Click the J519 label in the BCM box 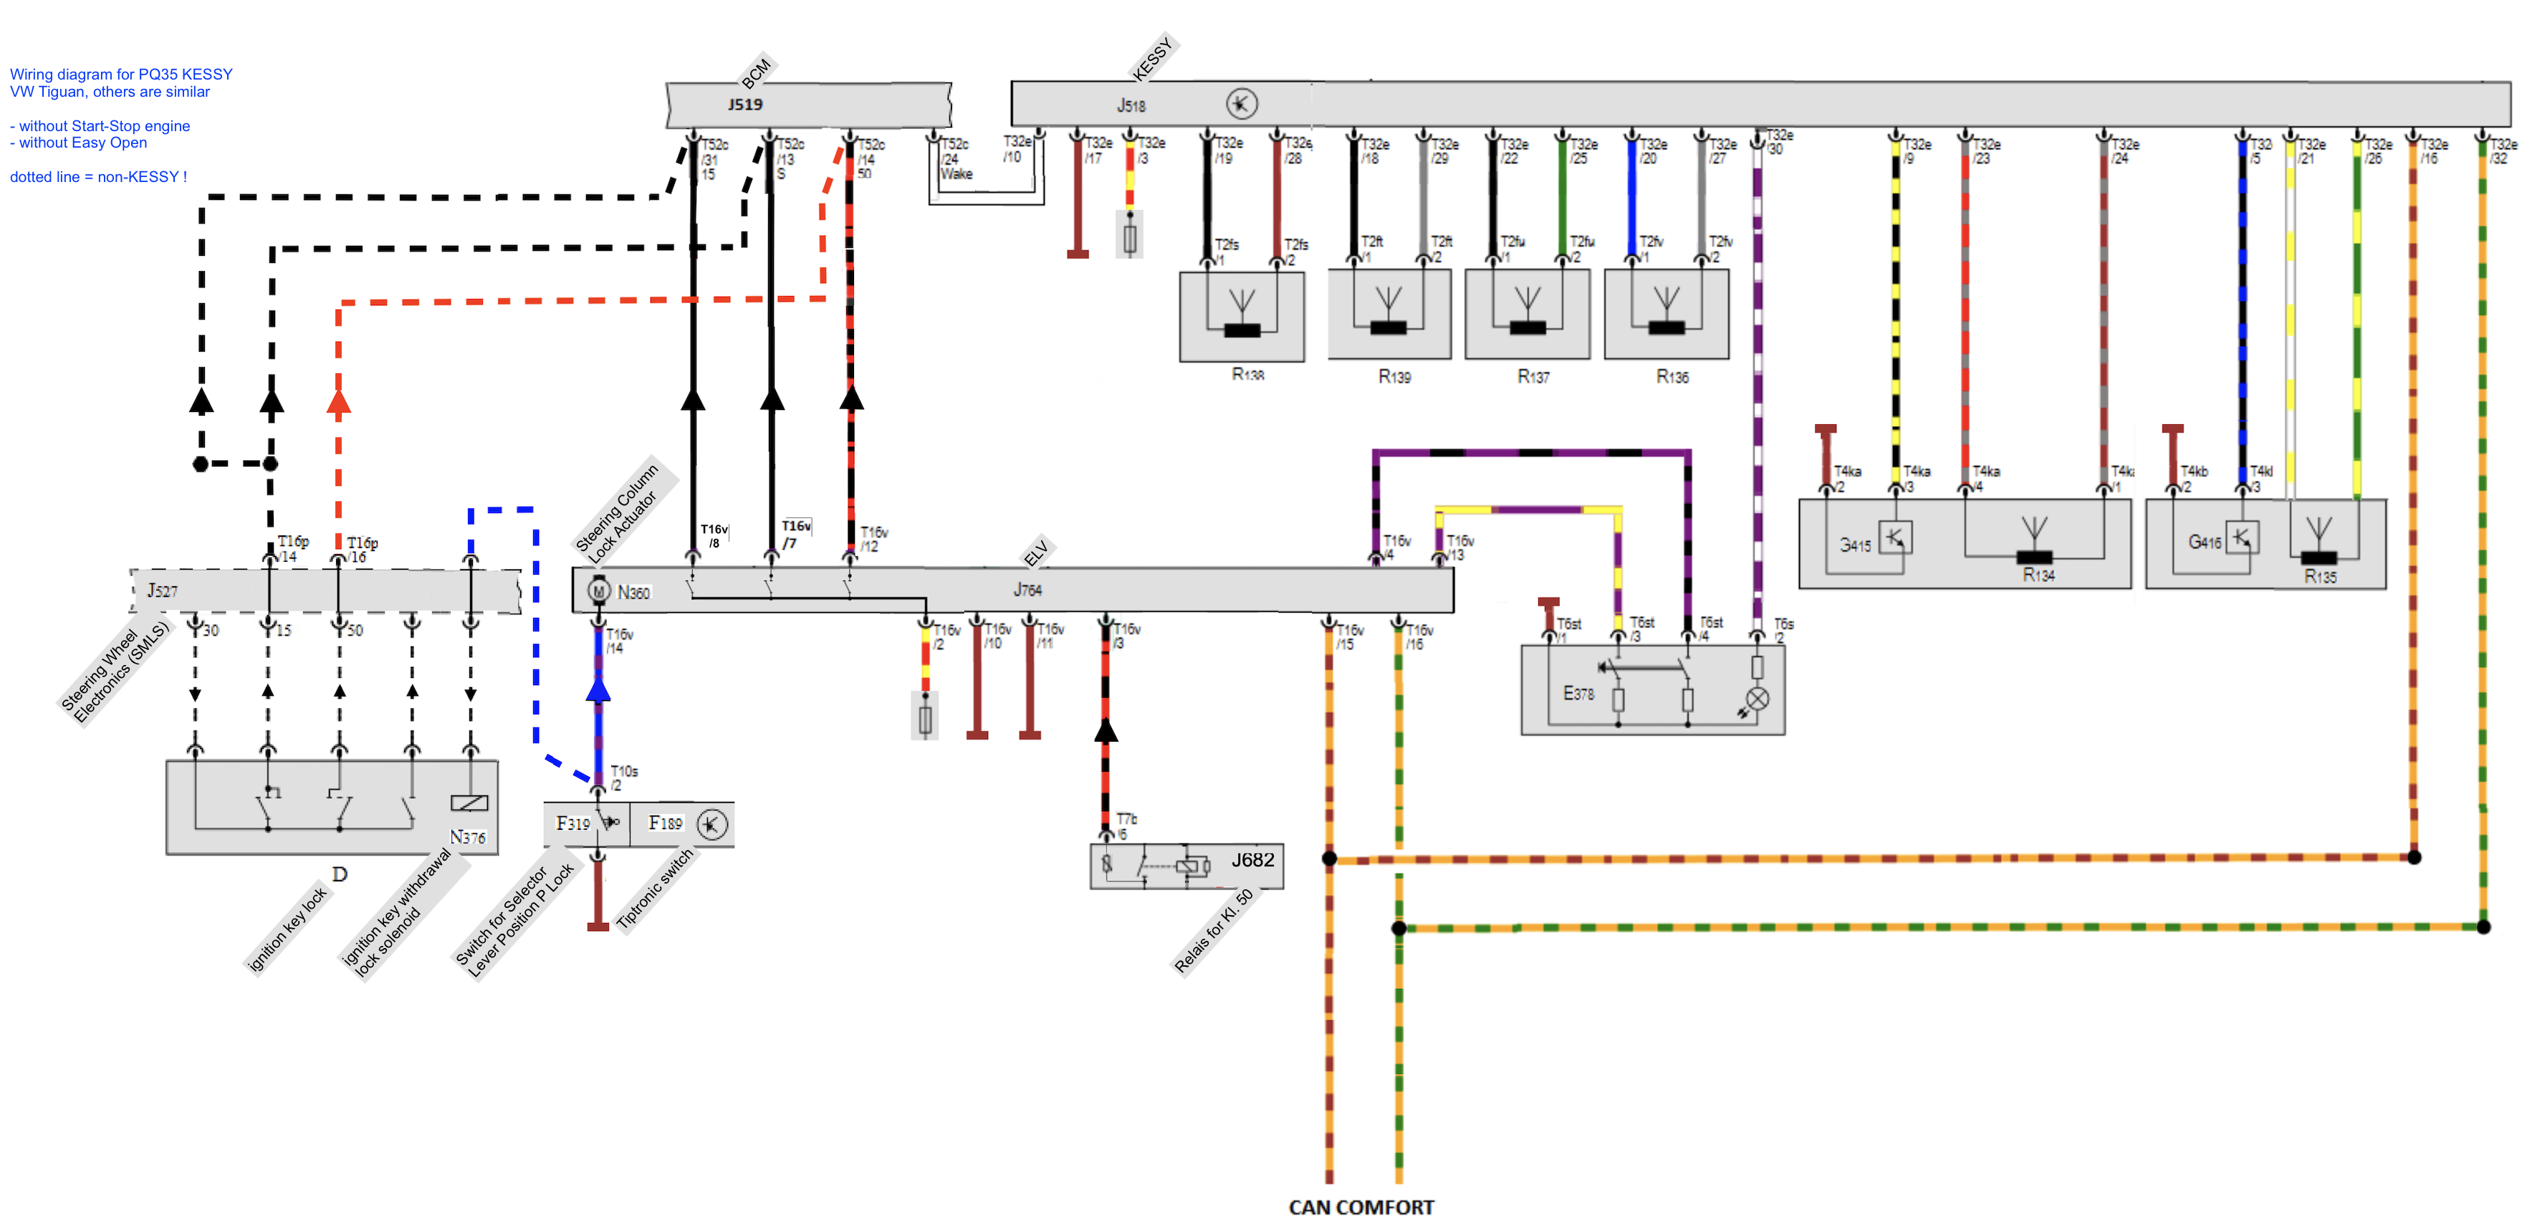click(745, 104)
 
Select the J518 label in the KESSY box click(1131, 105)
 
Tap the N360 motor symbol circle click(598, 591)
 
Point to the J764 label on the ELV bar click(1027, 590)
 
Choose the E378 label click(1578, 694)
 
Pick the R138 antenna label click(1247, 374)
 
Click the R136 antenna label click(1672, 376)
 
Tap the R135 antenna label click(2320, 576)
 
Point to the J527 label click(163, 590)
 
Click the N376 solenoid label click(468, 837)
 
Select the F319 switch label click(573, 823)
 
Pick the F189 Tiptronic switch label click(666, 823)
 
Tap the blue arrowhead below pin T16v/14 click(598, 690)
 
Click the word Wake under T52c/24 click(957, 173)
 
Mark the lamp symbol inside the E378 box click(1758, 699)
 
